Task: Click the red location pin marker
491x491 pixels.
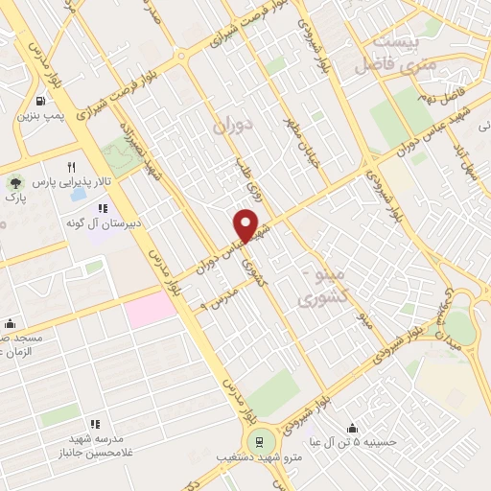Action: click(247, 225)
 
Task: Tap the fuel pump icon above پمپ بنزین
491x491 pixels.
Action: click(40, 101)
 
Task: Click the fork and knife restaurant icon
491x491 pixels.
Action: click(70, 166)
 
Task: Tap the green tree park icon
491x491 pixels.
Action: click(13, 181)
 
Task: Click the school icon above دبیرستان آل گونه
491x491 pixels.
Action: click(103, 208)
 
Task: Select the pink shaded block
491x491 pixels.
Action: click(151, 310)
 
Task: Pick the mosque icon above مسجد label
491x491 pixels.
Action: click(10, 323)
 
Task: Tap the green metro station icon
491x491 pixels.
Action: click(257, 442)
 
